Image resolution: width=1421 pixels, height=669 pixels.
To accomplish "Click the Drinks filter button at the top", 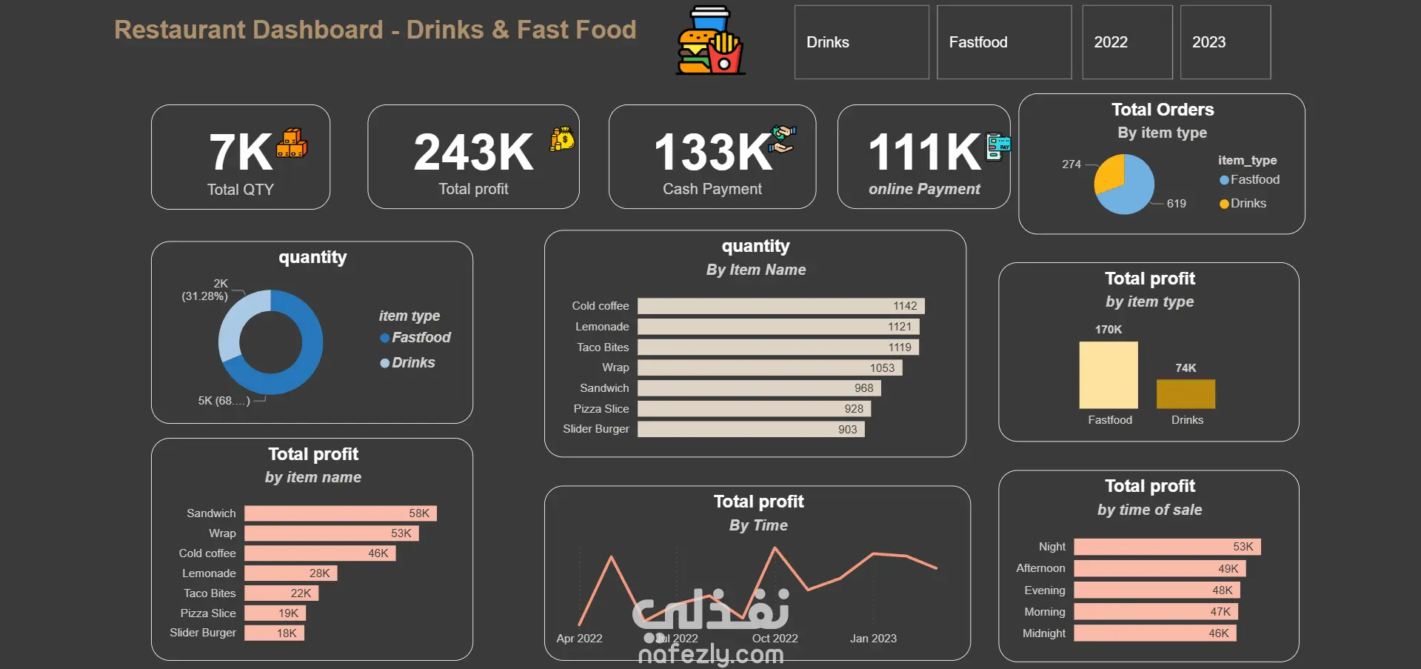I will [861, 42].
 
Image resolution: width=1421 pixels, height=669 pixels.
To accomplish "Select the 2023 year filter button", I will [1225, 42].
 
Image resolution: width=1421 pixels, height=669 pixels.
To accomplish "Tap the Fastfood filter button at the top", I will [1003, 42].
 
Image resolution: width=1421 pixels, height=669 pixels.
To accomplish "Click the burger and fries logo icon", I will [710, 41].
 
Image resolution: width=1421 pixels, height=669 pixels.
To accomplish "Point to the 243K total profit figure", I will [473, 152].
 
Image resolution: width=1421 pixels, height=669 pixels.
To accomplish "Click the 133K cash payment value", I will [712, 152].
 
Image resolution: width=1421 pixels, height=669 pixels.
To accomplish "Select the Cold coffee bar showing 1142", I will [780, 306].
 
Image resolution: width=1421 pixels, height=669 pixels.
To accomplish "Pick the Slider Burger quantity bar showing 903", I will [750, 429].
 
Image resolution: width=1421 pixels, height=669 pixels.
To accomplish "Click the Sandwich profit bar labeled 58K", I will [340, 513].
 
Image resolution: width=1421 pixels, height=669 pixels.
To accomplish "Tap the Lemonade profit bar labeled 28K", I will [290, 573].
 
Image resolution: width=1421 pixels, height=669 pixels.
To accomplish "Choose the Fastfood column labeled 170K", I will [1108, 375].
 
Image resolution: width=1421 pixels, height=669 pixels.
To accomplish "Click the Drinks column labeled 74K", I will [1186, 394].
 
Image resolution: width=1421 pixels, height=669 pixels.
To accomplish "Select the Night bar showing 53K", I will [1166, 547].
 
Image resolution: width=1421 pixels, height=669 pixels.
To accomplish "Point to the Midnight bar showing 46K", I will [1154, 633].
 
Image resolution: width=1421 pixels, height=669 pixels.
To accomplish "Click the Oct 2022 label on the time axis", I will [775, 639].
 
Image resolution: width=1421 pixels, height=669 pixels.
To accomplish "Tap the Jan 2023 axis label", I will [873, 639].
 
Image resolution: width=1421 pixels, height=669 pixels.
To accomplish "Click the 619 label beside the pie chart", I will [1176, 204].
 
